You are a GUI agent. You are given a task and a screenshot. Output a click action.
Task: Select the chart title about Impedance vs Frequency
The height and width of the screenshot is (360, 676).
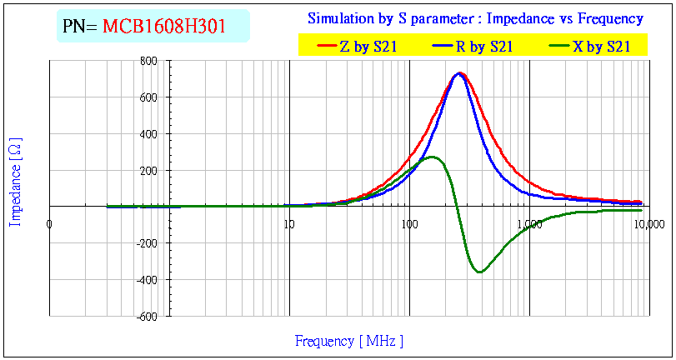[x=475, y=18]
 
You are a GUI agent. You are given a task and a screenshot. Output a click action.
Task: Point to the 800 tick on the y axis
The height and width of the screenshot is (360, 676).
[x=149, y=61]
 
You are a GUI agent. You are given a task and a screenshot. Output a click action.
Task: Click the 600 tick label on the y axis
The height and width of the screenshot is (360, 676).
[x=149, y=97]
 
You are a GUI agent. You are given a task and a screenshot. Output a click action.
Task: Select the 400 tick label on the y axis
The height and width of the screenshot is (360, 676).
[x=149, y=134]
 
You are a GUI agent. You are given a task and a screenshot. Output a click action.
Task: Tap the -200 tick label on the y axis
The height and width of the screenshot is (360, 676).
[x=148, y=243]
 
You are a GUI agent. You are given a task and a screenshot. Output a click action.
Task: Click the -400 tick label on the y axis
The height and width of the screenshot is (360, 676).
[x=148, y=280]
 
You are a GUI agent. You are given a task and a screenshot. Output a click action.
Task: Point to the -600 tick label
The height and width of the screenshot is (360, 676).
[x=148, y=317]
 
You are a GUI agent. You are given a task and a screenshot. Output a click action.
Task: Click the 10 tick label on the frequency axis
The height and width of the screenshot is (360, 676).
[x=288, y=223]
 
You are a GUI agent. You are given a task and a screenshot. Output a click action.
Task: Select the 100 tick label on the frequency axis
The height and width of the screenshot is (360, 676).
[x=408, y=223]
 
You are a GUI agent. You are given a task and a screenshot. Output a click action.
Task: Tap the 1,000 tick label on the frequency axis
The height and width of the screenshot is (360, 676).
[x=529, y=223]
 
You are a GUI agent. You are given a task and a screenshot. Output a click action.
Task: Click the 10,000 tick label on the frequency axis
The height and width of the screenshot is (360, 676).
[x=649, y=223]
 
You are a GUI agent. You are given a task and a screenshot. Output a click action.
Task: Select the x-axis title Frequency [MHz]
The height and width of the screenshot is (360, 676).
[x=349, y=341]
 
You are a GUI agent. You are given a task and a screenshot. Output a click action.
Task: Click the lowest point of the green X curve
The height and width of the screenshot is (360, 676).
[x=479, y=272]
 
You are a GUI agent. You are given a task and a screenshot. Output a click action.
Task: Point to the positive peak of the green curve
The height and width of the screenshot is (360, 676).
[x=432, y=157]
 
